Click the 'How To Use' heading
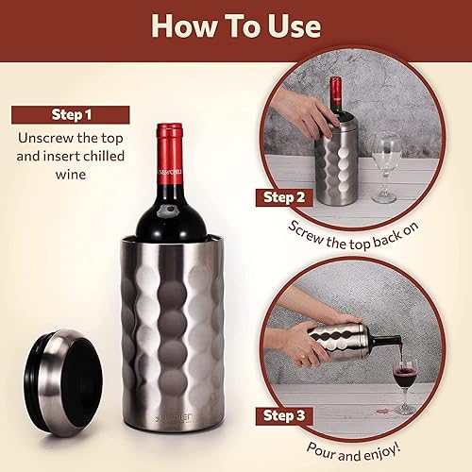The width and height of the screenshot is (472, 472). coord(235,25)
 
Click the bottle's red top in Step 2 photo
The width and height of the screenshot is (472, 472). coord(335,87)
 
